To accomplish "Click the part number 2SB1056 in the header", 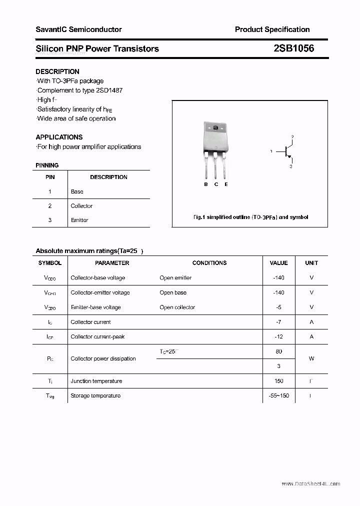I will pos(293,48).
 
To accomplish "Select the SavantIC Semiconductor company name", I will pos(78,29).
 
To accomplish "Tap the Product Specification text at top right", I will pos(272,29).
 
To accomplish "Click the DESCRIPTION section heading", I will pos(57,71).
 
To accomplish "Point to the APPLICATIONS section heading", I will pos(59,137).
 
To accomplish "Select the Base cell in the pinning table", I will pos(77,191).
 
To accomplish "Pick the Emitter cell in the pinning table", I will pos(79,220).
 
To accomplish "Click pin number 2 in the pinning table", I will pos(50,206).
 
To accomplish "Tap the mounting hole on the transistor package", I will pos(215,129).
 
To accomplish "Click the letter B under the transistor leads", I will pos(205,184).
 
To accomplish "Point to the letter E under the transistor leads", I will pos(226,184).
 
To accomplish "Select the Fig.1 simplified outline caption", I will pos(250,217).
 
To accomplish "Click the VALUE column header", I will pos(278,263).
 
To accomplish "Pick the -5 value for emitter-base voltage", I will pos(278,307).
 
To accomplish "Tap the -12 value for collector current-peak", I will pos(278,337).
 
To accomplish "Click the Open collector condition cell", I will pos(177,307).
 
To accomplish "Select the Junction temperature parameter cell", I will pos(96,381).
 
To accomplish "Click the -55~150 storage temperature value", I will pos(278,396).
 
